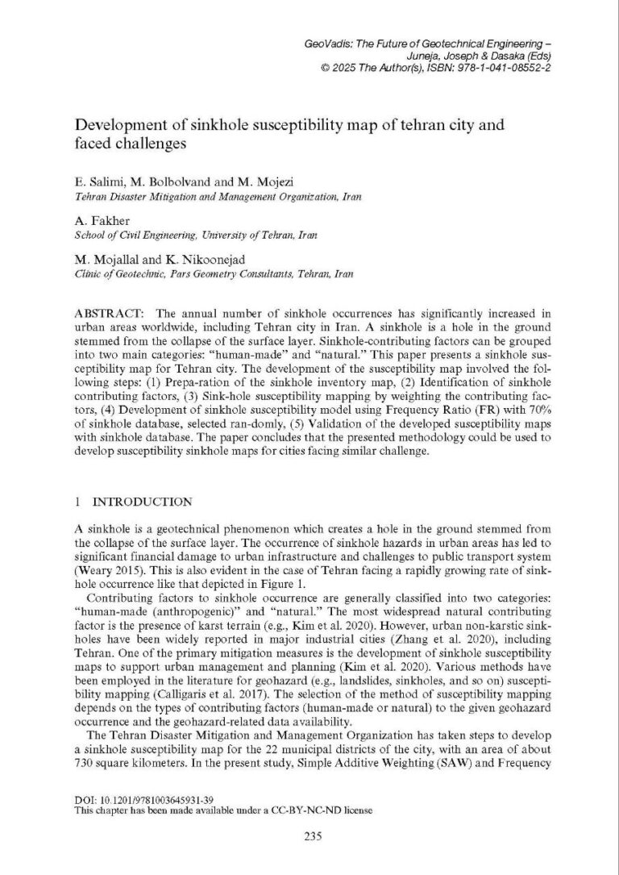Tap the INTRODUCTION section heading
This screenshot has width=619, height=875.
(142, 501)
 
